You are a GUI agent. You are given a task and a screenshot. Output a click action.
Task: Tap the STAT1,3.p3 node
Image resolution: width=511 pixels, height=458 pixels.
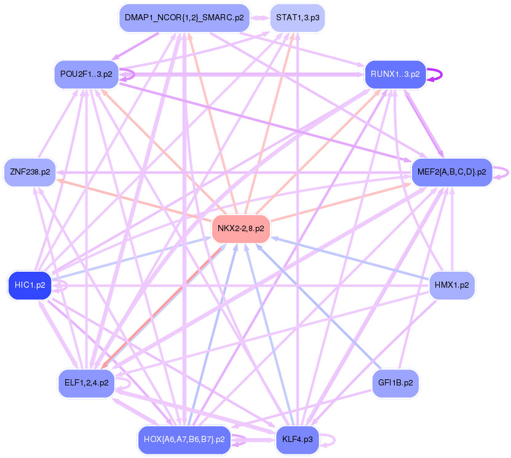point(298,18)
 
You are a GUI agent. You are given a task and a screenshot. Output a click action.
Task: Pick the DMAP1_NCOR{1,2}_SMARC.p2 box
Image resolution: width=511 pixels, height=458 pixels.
point(184,18)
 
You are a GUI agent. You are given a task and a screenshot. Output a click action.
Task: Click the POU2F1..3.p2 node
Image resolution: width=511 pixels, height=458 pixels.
point(87,74)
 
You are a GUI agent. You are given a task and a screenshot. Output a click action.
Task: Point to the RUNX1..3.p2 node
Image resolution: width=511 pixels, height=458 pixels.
point(395,74)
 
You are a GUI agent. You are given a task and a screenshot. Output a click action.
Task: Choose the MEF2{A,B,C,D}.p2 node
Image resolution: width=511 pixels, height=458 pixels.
point(451,172)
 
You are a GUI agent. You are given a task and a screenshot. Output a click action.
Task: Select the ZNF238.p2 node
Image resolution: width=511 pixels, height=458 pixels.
point(29,172)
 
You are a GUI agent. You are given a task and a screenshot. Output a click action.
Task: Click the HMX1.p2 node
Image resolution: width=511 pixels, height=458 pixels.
point(451,285)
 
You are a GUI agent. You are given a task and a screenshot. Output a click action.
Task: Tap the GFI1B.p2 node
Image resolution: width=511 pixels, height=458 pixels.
point(395,382)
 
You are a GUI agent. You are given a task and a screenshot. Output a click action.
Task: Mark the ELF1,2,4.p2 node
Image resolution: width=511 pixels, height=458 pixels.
point(85,382)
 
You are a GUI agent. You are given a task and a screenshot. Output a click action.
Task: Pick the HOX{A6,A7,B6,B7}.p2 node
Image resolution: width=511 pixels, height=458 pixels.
point(184,440)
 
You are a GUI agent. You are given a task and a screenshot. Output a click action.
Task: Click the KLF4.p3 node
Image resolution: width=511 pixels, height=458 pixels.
point(298,440)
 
